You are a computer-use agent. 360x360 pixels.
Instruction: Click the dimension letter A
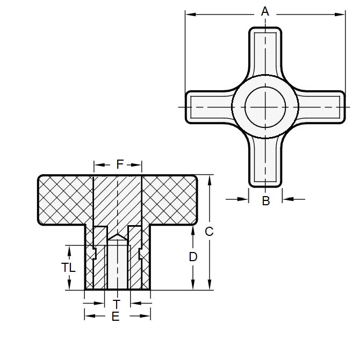pos(264,10)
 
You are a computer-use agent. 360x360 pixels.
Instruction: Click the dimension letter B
pos(265,201)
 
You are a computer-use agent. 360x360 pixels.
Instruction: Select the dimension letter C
pos(210,232)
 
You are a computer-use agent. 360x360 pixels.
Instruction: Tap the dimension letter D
pos(193,257)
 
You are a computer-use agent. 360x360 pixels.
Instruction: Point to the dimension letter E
pos(115,317)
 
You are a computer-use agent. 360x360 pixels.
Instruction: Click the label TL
pos(68,267)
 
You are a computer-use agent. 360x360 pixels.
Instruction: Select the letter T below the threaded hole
pos(117,304)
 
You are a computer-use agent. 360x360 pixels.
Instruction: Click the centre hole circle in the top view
pos(264,106)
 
